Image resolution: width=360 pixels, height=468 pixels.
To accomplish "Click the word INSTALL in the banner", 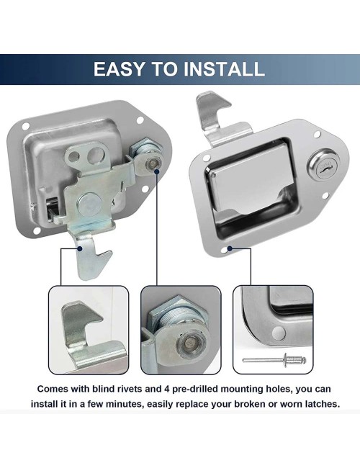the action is [224, 69].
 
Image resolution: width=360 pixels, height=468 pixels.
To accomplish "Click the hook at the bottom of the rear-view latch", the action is [90, 258].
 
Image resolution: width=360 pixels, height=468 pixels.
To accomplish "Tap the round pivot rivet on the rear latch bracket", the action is [87, 202].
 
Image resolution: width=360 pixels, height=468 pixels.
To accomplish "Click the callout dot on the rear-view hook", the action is [80, 248].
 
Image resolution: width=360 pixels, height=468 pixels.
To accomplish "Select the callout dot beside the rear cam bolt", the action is [156, 171].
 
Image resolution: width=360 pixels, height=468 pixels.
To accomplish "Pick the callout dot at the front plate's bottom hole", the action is [230, 248].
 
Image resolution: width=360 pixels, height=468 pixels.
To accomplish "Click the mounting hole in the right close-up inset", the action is [279, 332].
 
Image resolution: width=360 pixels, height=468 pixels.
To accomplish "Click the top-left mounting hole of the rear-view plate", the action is [26, 127].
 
